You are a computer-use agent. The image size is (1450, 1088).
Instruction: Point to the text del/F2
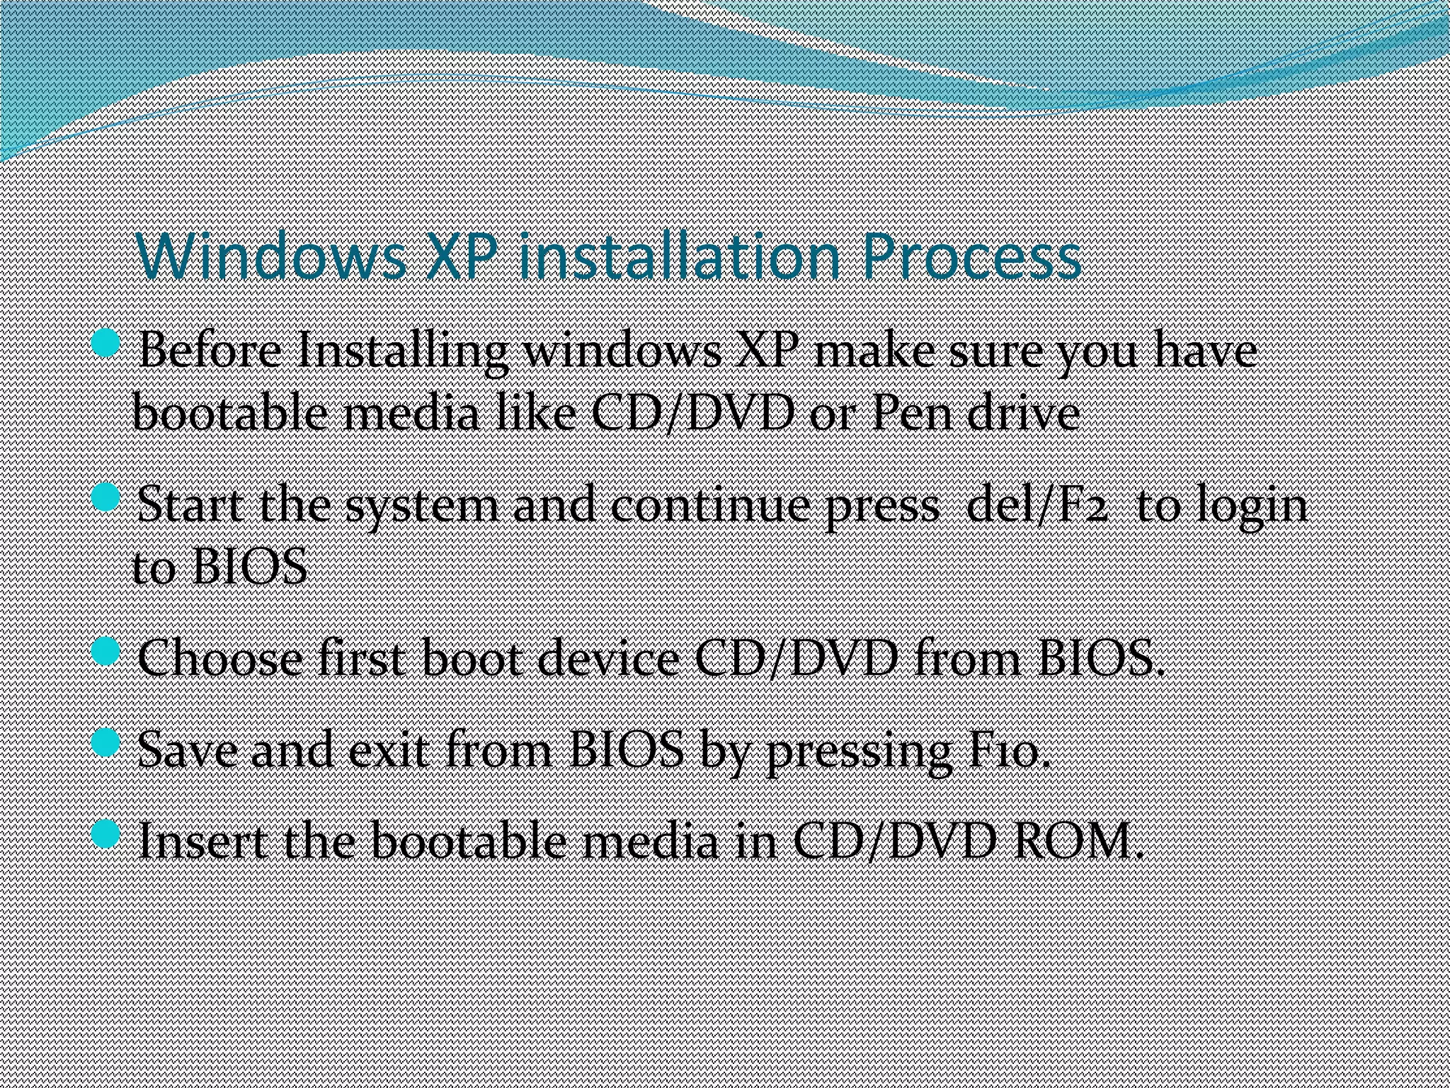pyautogui.click(x=1037, y=505)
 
